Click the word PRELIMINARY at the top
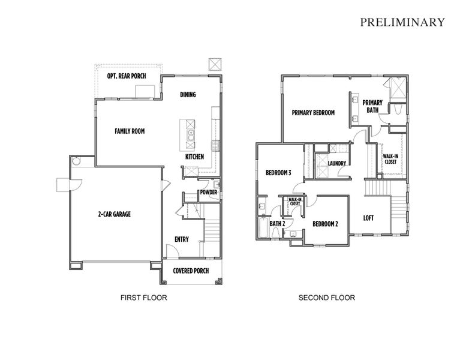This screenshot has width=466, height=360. [402, 22]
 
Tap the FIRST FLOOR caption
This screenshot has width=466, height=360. [143, 298]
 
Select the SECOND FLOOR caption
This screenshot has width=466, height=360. [327, 298]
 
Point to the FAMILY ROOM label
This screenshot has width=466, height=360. [130, 131]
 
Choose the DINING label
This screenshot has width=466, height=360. [188, 95]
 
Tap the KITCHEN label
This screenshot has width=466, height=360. [194, 157]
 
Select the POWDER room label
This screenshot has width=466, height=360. [208, 193]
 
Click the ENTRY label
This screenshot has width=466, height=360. [182, 239]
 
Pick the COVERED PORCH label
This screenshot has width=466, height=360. [191, 271]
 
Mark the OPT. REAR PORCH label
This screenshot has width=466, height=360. [127, 76]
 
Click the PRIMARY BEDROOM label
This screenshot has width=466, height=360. [313, 113]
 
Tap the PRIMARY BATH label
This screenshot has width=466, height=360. [372, 106]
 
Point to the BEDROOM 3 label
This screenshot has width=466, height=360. [278, 173]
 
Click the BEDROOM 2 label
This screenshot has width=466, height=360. [325, 224]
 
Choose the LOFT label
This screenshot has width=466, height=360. [368, 218]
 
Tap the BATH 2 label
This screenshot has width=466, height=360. [276, 224]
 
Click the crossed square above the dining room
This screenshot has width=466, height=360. [214, 64]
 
